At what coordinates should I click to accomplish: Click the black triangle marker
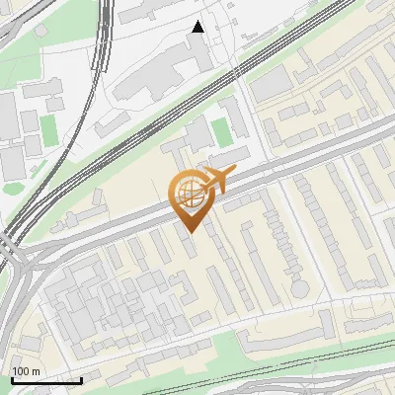(x=197, y=27)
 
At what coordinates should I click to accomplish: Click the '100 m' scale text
(x=27, y=371)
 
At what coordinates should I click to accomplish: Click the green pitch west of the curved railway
(x=47, y=125)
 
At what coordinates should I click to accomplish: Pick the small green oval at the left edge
(x=12, y=186)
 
